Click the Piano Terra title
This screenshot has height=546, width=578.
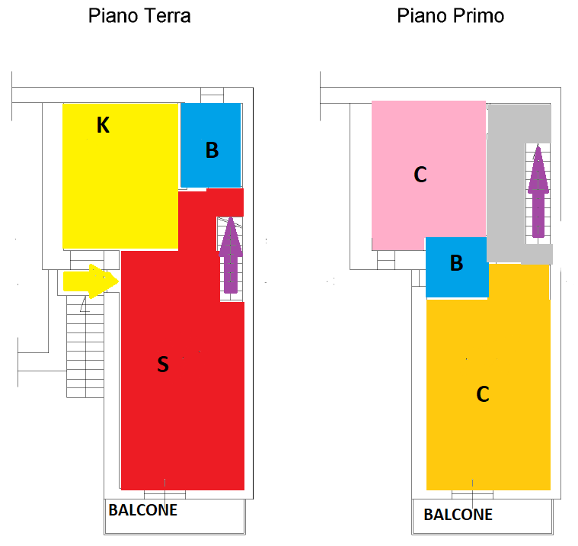[139, 16]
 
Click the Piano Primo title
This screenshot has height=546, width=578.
[451, 16]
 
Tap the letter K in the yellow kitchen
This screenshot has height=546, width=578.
[103, 125]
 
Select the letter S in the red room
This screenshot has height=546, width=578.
[163, 364]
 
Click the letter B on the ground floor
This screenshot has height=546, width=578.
[212, 150]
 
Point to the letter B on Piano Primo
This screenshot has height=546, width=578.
[456, 263]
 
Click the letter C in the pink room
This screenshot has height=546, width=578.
[420, 175]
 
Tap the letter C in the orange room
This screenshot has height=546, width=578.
[483, 394]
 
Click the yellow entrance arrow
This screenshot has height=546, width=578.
[91, 281]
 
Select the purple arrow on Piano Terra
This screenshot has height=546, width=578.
[231, 255]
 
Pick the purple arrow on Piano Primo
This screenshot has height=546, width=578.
[538, 191]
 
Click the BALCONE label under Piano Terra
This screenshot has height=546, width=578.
[143, 510]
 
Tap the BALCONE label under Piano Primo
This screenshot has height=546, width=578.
[458, 515]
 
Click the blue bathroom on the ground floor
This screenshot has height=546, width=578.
[211, 145]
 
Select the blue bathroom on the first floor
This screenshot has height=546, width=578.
[457, 267]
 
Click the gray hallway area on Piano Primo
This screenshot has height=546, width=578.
[506, 185]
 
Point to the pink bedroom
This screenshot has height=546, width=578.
[428, 170]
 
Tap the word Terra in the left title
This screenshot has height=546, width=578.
[168, 16]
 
